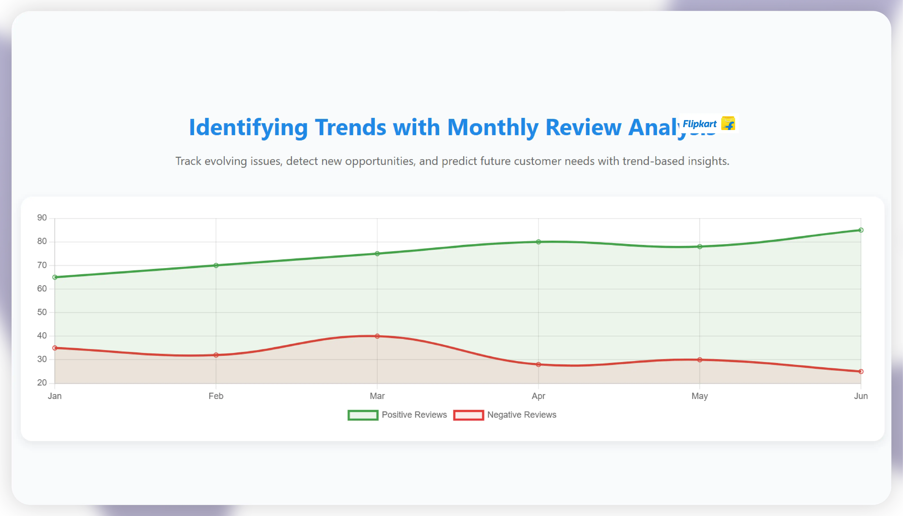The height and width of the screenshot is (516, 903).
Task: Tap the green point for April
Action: [x=538, y=242]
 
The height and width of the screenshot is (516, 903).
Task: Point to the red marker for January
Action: [x=55, y=348]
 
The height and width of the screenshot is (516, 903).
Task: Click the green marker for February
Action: [x=216, y=265]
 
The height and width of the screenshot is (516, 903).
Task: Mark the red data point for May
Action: [x=700, y=360]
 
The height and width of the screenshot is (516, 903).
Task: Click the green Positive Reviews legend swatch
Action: [x=363, y=415]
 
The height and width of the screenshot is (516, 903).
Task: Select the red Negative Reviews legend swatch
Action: [x=468, y=415]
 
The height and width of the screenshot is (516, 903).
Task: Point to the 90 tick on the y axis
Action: [x=42, y=218]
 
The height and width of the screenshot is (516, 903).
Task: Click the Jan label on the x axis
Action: [x=55, y=396]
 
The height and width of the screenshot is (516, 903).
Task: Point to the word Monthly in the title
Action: [x=492, y=128]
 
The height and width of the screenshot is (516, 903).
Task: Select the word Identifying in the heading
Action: [x=248, y=128]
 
